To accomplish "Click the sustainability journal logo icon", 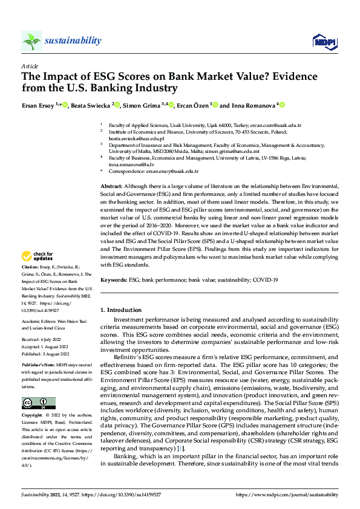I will coord(31,41).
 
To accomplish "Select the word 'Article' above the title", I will coord(30,66).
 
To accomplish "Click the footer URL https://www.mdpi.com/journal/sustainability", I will coord(286,494).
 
